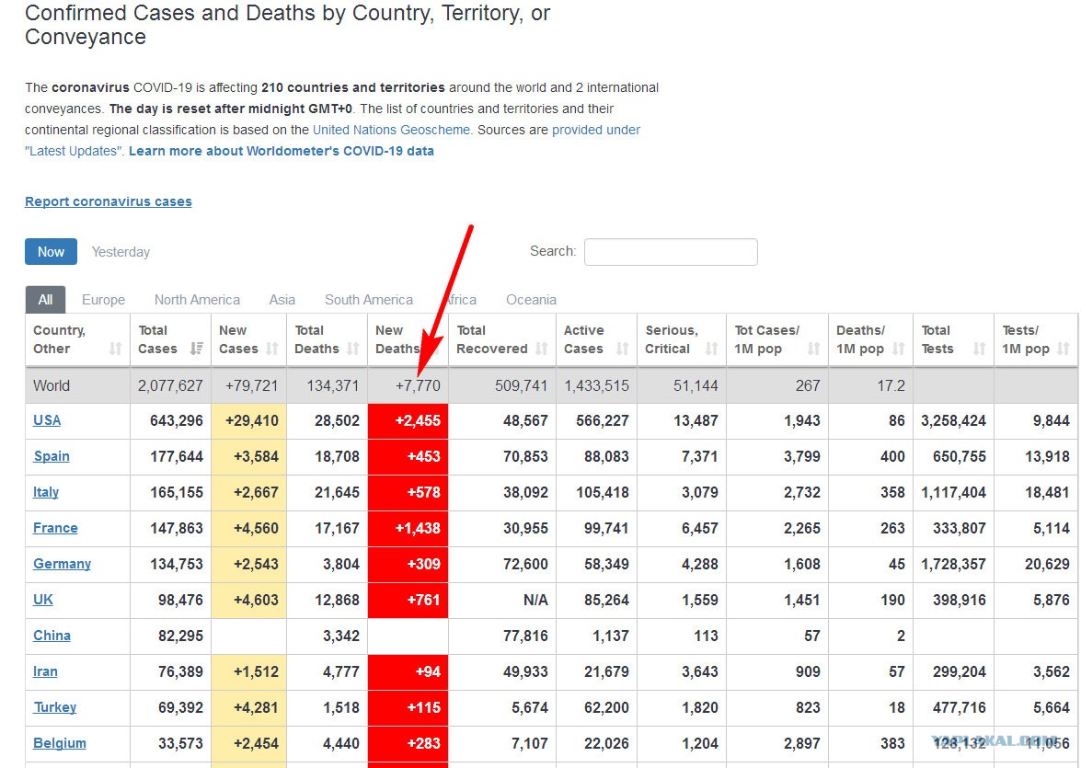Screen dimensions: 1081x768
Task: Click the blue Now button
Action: [51, 252]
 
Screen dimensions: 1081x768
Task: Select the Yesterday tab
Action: [121, 252]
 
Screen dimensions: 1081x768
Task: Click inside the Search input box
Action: [671, 252]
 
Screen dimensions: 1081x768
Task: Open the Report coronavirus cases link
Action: [109, 201]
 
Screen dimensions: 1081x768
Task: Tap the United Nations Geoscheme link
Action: [392, 130]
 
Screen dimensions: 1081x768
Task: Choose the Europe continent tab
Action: [103, 300]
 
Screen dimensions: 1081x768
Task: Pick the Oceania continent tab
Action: [531, 300]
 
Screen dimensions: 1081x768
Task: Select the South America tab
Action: [369, 300]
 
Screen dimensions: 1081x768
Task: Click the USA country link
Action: [47, 419]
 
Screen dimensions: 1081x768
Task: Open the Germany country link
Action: [62, 563]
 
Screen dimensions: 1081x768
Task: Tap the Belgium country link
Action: [60, 743]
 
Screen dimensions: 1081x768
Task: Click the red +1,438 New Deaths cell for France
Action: [408, 528]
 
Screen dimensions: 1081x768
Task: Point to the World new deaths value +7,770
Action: [418, 385]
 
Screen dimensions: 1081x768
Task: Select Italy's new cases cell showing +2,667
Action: [248, 492]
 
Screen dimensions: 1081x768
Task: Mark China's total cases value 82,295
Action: [180, 636]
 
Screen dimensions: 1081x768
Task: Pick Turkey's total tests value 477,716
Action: [959, 707]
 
